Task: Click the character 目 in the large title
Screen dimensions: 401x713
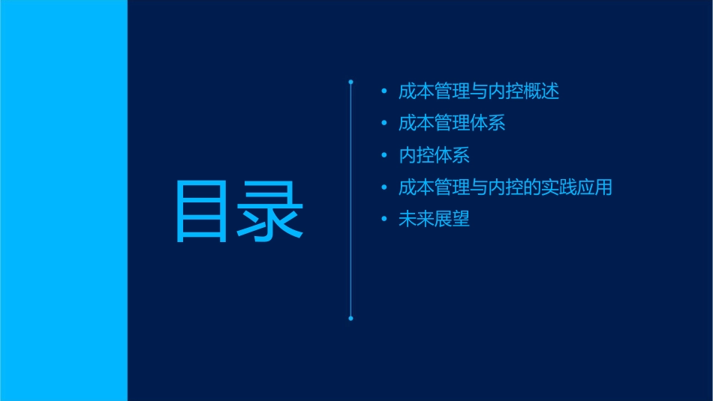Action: pyautogui.click(x=202, y=211)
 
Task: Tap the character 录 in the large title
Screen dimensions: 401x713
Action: pyautogui.click(x=271, y=211)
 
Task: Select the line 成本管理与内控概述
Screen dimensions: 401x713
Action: pyautogui.click(x=479, y=91)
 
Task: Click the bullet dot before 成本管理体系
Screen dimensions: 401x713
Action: pyautogui.click(x=384, y=124)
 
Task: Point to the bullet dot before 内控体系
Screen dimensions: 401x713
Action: pyautogui.click(x=384, y=156)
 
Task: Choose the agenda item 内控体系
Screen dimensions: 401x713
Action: pyautogui.click(x=434, y=156)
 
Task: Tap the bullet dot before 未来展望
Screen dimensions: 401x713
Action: pyautogui.click(x=384, y=220)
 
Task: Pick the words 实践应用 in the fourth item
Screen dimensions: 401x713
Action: pyautogui.click(x=577, y=187)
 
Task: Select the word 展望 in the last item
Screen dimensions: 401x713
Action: pyautogui.click(x=452, y=220)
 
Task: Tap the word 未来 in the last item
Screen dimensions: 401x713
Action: pyautogui.click(x=416, y=220)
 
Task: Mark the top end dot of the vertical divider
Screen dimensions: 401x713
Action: pyautogui.click(x=350, y=80)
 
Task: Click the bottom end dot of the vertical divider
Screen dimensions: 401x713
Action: pyautogui.click(x=350, y=319)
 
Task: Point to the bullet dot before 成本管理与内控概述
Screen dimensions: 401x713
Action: pyautogui.click(x=384, y=92)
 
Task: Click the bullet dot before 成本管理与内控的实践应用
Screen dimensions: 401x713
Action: pyautogui.click(x=384, y=187)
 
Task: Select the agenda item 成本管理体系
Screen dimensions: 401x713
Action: pyautogui.click(x=452, y=124)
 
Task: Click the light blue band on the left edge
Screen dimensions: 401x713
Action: pyautogui.click(x=63, y=200)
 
